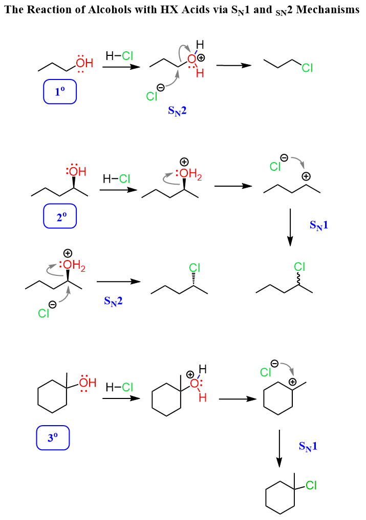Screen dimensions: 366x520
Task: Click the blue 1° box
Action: [x=60, y=91]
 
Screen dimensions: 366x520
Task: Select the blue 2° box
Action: [x=60, y=216]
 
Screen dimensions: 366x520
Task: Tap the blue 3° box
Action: [x=53, y=438]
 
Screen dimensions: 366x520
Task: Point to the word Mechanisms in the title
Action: [x=328, y=10]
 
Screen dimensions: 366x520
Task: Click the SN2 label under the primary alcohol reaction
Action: [x=178, y=111]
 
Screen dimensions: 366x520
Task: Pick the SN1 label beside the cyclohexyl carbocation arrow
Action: [x=308, y=446]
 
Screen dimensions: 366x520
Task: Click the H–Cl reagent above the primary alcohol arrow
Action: [x=119, y=56]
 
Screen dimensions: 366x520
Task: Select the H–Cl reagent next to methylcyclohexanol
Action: [x=119, y=387]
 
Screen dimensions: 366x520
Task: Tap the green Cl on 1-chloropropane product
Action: [x=307, y=68]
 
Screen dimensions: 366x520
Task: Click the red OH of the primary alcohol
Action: [x=84, y=63]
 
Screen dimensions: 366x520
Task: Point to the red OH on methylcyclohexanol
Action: [x=88, y=383]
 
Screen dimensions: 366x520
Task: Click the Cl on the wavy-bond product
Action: [x=299, y=267]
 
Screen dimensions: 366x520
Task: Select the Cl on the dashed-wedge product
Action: [x=195, y=268]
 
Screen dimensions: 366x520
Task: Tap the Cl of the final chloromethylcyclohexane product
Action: [x=311, y=486]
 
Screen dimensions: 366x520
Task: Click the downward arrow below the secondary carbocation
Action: [x=290, y=228]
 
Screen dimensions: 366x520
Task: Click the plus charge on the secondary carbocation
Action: [x=306, y=176]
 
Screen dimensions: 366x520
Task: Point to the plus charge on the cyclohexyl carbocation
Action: [x=292, y=382]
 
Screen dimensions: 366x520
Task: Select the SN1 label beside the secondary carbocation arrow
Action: [x=319, y=226]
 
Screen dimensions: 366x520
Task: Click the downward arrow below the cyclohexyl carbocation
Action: [x=279, y=448]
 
